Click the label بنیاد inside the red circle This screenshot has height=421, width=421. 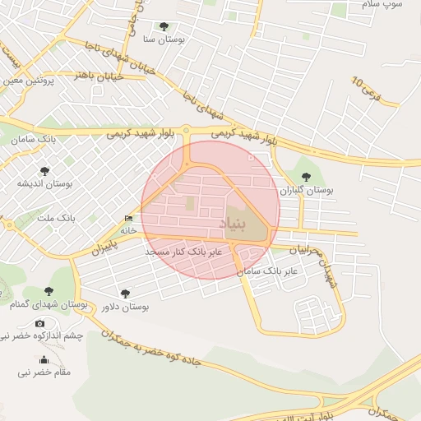pos(233,224)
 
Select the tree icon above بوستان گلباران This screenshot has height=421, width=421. pos(307,177)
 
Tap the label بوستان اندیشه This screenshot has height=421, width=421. pos(44,184)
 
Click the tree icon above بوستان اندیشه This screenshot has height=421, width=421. pos(44,171)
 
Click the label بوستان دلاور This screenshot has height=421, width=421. pos(125,307)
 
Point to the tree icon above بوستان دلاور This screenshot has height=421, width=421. pos(125,294)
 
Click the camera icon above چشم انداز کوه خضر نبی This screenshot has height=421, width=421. pos(39,323)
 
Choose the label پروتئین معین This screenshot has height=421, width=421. pos(27,81)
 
